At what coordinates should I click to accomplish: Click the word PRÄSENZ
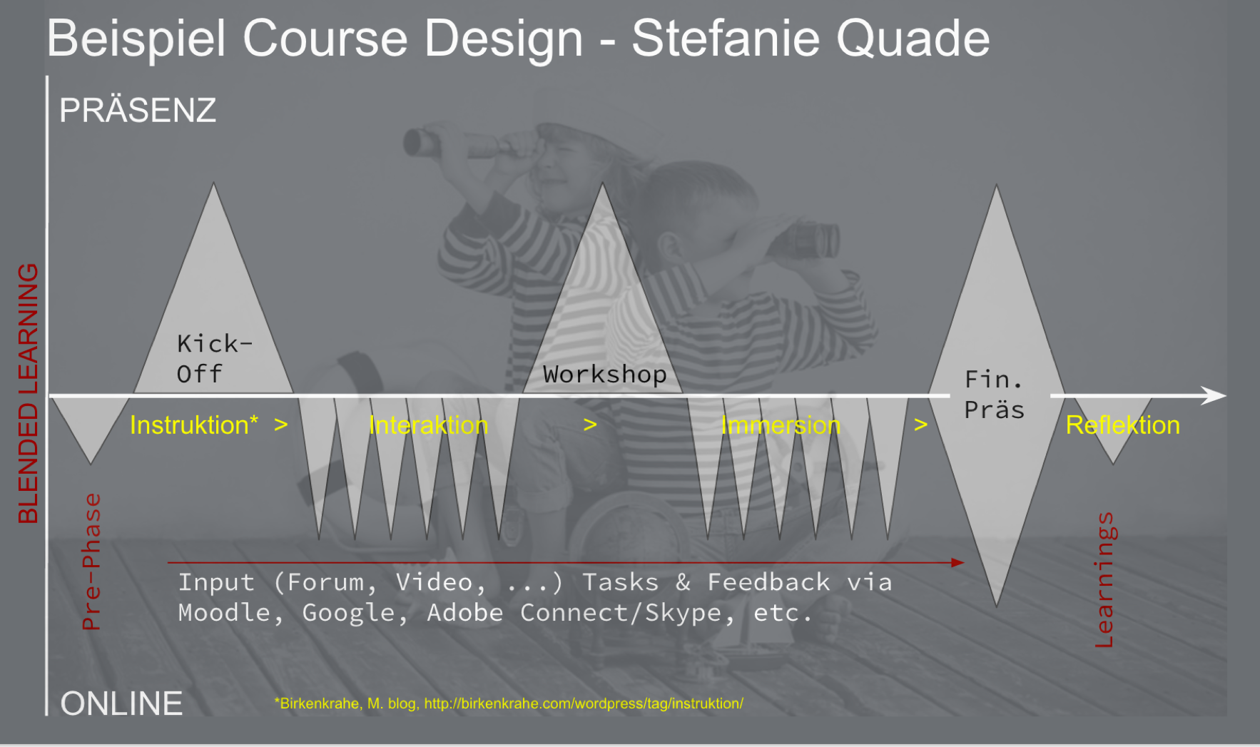tap(138, 110)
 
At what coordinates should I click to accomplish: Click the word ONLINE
tap(122, 703)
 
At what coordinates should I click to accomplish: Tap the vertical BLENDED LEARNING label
tap(28, 394)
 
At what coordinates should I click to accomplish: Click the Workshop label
tap(605, 375)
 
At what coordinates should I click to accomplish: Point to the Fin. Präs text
tap(995, 395)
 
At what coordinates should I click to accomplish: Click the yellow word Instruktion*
tap(194, 425)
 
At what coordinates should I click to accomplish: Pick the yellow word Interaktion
tap(429, 425)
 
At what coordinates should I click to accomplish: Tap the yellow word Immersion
tap(781, 425)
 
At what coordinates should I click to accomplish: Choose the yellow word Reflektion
tap(1123, 425)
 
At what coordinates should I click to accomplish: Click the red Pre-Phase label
tap(91, 561)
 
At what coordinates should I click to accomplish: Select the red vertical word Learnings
tap(1104, 579)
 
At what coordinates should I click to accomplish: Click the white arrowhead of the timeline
tap(1214, 395)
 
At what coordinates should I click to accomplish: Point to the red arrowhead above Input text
tap(958, 563)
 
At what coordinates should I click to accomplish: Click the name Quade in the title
tap(913, 39)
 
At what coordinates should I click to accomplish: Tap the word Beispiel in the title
tap(136, 40)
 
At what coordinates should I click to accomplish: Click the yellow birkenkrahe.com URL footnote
tap(584, 703)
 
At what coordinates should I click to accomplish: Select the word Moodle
tap(230, 613)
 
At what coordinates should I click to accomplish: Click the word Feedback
tap(768, 582)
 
